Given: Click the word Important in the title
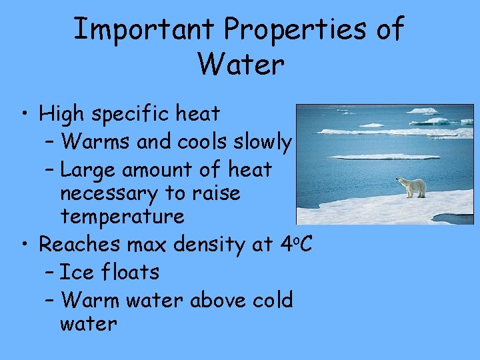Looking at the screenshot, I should pyautogui.click(x=143, y=30).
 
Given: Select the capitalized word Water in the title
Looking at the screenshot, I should pyautogui.click(x=241, y=65).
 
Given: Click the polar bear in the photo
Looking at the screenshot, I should pyautogui.click(x=412, y=187).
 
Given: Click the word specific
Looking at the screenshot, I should pyautogui.click(x=133, y=115).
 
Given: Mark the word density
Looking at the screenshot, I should pyautogui.click(x=211, y=245).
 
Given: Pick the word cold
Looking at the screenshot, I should pyautogui.click(x=273, y=300).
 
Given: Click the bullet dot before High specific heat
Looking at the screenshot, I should pyautogui.click(x=24, y=115).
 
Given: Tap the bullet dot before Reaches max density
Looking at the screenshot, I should pyautogui.click(x=24, y=245).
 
